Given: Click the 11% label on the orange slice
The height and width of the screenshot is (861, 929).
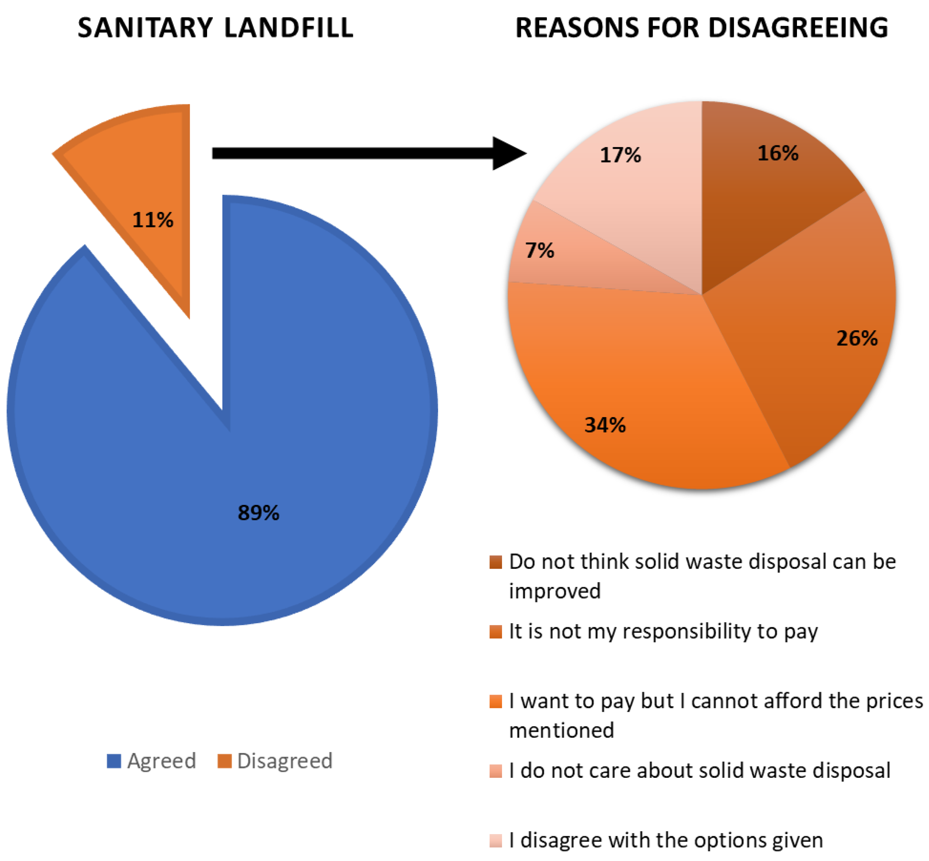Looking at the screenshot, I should (x=153, y=220).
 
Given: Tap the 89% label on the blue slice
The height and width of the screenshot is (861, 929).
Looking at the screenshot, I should (x=258, y=513).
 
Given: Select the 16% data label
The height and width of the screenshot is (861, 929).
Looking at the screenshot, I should (x=778, y=153).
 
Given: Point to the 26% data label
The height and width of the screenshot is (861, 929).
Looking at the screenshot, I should (x=857, y=338).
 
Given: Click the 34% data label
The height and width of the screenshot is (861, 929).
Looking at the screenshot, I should (x=605, y=425).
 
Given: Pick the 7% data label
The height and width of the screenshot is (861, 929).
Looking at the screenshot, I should (x=539, y=251).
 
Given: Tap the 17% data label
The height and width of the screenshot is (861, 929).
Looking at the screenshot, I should (x=620, y=155).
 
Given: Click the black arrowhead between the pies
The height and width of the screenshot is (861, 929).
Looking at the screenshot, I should (x=508, y=153).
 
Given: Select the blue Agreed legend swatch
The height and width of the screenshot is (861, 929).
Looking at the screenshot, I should (x=114, y=761).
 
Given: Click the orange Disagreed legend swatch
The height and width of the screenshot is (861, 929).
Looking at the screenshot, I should (x=225, y=761).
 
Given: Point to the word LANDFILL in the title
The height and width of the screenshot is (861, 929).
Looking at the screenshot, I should (x=288, y=28).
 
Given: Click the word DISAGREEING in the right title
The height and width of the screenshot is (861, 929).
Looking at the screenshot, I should (x=798, y=28).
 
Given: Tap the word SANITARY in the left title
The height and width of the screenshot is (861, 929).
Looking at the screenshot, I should (x=145, y=28).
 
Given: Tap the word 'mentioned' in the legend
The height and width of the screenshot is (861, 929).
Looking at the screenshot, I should (x=561, y=730).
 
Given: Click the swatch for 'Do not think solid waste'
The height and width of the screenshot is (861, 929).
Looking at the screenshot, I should (x=496, y=562).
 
